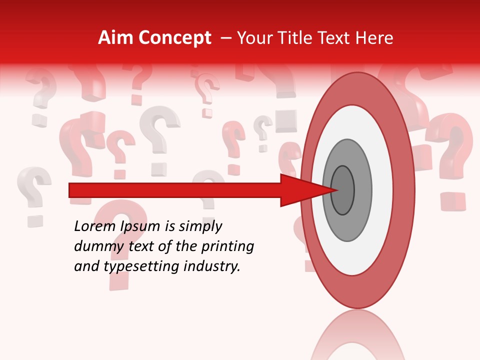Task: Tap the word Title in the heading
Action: pyautogui.click(x=299, y=38)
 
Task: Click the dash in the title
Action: pyautogui.click(x=226, y=38)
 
